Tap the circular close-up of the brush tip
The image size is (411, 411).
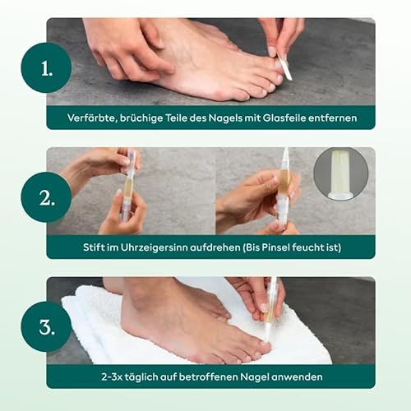[340, 174]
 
